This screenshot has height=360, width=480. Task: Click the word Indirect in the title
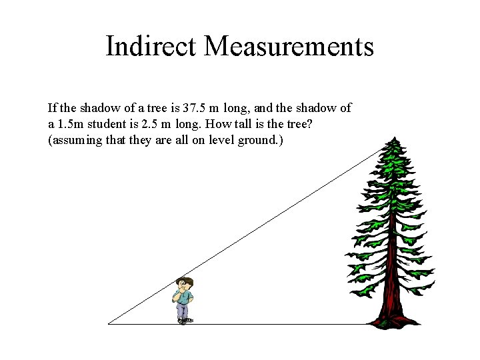(x=151, y=47)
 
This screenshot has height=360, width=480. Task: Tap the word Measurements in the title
(x=289, y=47)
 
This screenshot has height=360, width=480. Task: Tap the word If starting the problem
(x=52, y=107)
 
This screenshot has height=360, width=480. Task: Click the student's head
(x=184, y=283)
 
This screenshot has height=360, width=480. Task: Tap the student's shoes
(x=185, y=321)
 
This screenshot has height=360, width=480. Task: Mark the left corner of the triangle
(x=109, y=324)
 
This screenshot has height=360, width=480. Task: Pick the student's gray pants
(x=183, y=310)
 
